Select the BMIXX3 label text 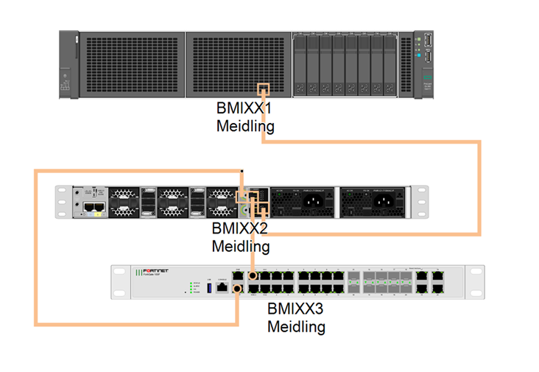[296, 309]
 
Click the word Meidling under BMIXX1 [245, 126]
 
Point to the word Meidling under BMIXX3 [296, 326]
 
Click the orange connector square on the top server [263, 88]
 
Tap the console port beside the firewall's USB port [220, 286]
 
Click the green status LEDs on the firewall [192, 287]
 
